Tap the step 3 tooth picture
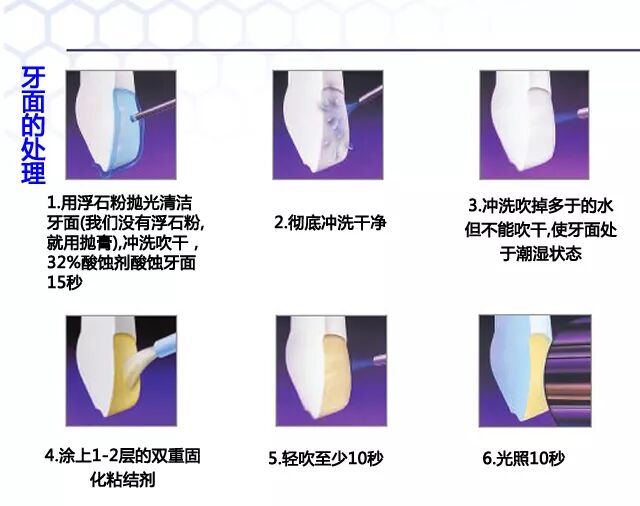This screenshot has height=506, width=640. [531, 124]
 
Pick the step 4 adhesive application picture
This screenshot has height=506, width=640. [121, 370]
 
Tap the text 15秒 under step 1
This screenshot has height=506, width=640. [64, 283]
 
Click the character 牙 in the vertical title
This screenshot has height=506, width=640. [33, 81]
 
